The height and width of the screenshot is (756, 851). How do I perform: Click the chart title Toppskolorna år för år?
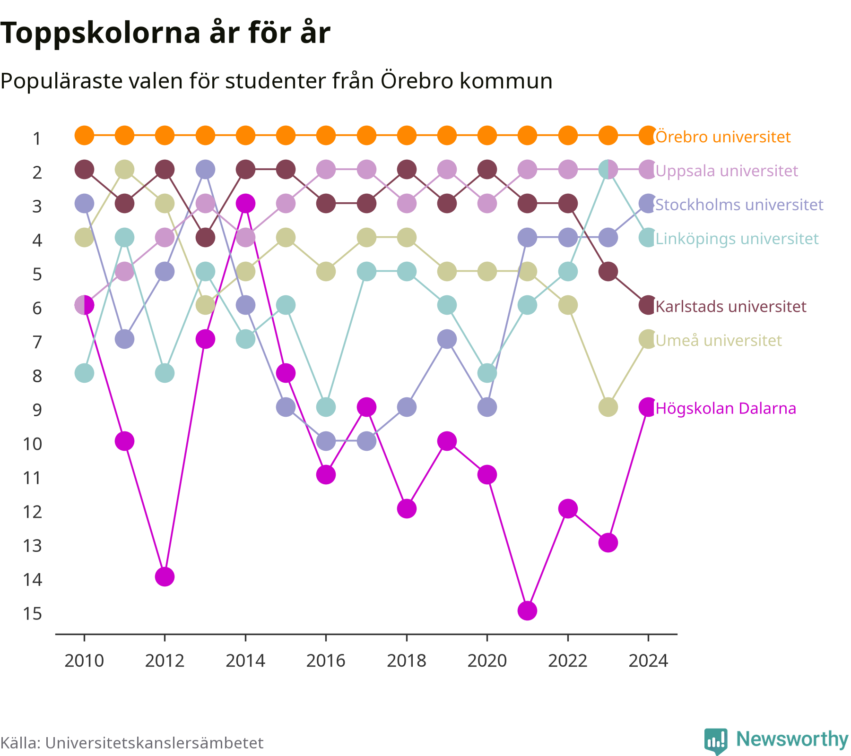(165, 33)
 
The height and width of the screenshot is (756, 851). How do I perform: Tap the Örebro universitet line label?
(723, 137)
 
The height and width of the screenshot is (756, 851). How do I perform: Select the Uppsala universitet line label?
(727, 171)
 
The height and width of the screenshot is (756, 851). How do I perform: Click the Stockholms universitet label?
(739, 205)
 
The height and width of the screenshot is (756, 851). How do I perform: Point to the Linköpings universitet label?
(737, 239)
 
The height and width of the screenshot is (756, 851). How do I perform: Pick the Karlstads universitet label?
(731, 306)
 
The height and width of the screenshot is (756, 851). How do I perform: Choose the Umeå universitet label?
(719, 340)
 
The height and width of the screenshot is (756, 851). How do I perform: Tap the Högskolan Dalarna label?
(726, 408)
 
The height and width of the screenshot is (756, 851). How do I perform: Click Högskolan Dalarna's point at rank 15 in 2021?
(527, 610)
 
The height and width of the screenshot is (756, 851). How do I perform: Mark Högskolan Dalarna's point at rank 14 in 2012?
(165, 576)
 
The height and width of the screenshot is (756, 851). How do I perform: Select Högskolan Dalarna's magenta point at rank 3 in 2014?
(245, 204)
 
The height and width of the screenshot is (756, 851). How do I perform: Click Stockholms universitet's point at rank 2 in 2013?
(205, 169)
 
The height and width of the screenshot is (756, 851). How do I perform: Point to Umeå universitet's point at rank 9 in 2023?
(608, 407)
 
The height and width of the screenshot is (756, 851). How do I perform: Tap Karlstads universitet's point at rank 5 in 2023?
(608, 272)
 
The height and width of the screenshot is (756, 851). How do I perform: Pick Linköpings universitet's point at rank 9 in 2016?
(326, 407)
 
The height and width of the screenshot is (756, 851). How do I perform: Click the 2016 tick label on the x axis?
(326, 661)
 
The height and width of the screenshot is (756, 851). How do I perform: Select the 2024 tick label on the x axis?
(648, 661)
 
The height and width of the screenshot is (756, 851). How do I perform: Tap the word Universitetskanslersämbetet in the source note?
(154, 743)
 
